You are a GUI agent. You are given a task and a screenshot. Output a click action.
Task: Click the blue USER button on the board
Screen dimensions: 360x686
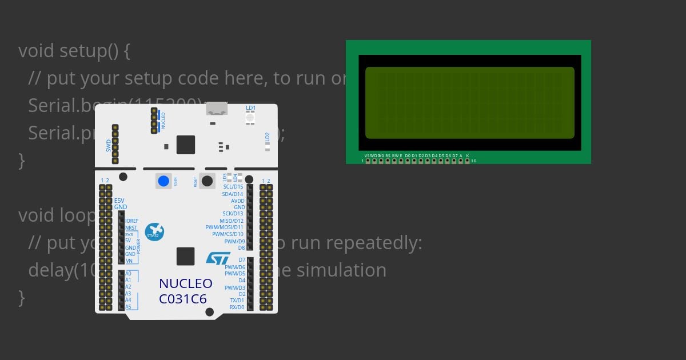tap(163, 181)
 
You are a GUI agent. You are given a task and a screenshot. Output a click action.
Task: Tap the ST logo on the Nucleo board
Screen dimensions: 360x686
tap(218, 258)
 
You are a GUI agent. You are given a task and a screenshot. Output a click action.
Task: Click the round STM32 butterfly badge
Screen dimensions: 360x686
tap(154, 231)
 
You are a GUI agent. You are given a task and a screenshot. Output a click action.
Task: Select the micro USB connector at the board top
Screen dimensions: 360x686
tap(216, 109)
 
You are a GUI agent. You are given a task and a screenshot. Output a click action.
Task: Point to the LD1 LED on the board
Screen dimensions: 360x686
tap(250, 118)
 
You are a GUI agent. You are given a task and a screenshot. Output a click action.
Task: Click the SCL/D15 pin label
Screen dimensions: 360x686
tap(233, 187)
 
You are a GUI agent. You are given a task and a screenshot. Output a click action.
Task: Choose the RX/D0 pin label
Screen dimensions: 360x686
tap(237, 307)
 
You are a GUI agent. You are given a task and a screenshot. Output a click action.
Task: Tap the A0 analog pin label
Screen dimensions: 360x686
tap(128, 273)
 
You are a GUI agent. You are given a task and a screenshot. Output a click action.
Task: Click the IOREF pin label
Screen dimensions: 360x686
tap(131, 221)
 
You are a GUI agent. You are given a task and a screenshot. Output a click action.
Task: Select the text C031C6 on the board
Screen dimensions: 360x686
tap(183, 299)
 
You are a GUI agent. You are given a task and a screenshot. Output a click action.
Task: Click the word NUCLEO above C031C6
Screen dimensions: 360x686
tap(186, 283)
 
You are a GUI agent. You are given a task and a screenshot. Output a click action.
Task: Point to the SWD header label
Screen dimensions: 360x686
tap(109, 146)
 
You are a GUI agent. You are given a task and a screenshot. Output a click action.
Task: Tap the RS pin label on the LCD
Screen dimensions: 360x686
tap(388, 155)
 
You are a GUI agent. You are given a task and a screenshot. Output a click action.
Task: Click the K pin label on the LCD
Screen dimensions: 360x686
tap(467, 155)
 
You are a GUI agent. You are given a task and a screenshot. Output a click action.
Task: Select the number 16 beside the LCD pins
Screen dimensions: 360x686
tap(473, 161)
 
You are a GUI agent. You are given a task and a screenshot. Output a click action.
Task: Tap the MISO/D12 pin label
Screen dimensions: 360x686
tap(232, 221)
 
